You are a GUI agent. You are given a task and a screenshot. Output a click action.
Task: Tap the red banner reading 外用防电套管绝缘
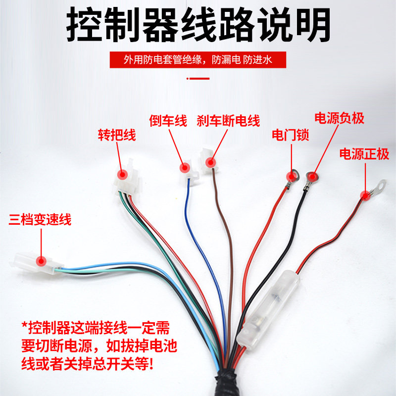(x=198, y=60)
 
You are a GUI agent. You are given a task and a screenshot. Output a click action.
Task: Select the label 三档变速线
(x=40, y=219)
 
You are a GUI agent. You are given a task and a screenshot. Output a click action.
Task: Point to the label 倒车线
(x=168, y=121)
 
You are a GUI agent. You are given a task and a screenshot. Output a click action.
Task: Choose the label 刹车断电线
(x=228, y=121)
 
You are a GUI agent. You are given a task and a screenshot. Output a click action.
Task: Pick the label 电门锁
(x=291, y=135)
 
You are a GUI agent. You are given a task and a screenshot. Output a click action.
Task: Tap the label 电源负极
(x=340, y=118)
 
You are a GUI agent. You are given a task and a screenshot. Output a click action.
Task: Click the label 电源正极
(x=364, y=154)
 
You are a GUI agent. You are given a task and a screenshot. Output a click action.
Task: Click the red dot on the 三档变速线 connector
(x=42, y=260)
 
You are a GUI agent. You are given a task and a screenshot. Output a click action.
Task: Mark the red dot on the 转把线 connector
(x=122, y=175)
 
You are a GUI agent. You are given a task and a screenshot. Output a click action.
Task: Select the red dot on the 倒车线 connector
(x=184, y=168)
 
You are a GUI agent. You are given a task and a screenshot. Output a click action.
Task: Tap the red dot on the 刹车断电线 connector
(x=210, y=162)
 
